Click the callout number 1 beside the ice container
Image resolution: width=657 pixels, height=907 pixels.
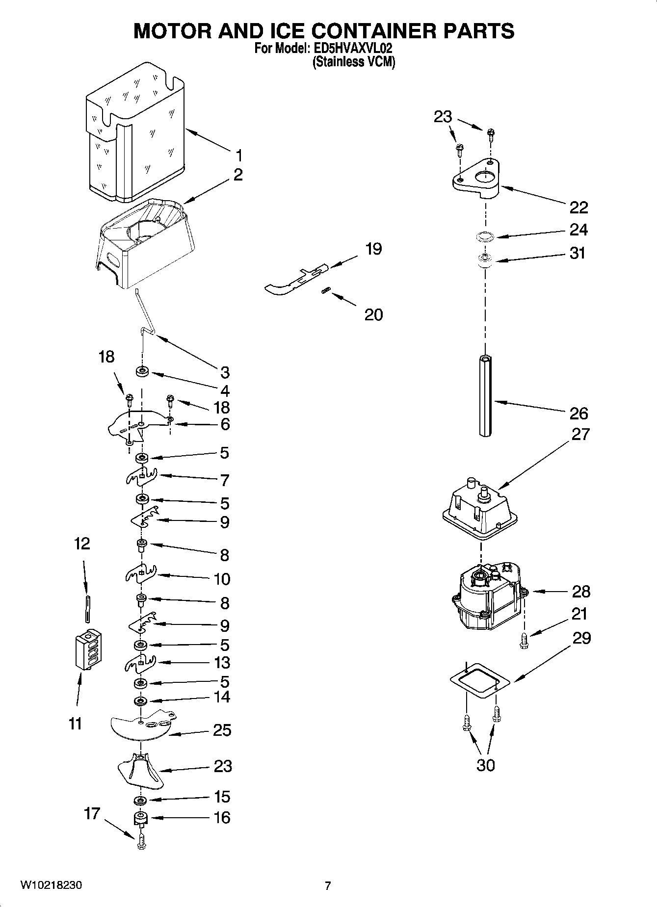pyautogui.click(x=238, y=156)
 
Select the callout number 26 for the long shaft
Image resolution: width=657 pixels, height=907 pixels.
pyautogui.click(x=578, y=413)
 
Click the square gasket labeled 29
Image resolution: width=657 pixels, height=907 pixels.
pyautogui.click(x=480, y=679)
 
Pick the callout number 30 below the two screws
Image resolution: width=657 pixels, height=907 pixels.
pyautogui.click(x=486, y=765)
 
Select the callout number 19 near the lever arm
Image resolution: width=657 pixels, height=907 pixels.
pyautogui.click(x=373, y=249)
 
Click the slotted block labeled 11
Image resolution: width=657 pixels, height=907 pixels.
pyautogui.click(x=88, y=648)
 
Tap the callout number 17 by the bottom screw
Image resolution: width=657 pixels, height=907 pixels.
pyautogui.click(x=92, y=813)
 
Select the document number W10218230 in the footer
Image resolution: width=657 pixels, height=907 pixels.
pyautogui.click(x=51, y=885)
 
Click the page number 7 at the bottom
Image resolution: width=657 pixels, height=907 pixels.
pyautogui.click(x=328, y=885)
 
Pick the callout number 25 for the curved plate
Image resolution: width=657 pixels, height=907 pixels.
pyautogui.click(x=222, y=730)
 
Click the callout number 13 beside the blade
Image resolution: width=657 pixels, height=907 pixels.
pyautogui.click(x=222, y=662)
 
